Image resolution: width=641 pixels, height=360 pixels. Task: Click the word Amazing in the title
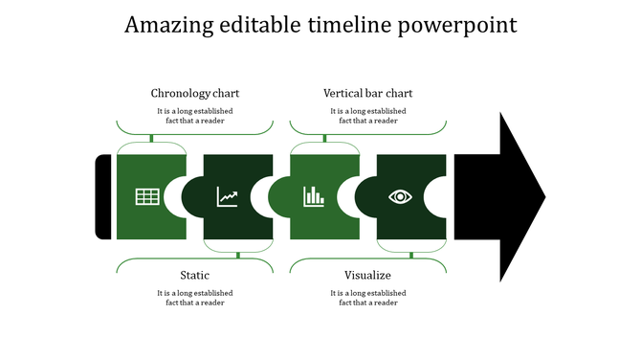pyautogui.click(x=171, y=25)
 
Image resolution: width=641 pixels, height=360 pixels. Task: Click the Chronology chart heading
pyautogui.click(x=195, y=94)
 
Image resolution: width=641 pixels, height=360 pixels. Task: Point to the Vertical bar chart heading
pyautogui.click(x=368, y=94)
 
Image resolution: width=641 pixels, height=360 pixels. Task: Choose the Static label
pyautogui.click(x=195, y=276)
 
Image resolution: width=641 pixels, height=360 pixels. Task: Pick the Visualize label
pyautogui.click(x=368, y=276)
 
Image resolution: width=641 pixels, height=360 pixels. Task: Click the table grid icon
pyautogui.click(x=147, y=197)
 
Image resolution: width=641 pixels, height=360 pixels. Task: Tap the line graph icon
pyautogui.click(x=228, y=197)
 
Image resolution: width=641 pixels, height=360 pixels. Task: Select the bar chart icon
pyautogui.click(x=314, y=197)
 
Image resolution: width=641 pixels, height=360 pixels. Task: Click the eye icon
pyautogui.click(x=400, y=197)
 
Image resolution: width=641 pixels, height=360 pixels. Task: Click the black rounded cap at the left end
pyautogui.click(x=103, y=196)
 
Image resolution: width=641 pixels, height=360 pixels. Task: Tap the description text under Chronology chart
pyautogui.click(x=195, y=116)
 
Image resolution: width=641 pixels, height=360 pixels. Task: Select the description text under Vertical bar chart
pyautogui.click(x=368, y=116)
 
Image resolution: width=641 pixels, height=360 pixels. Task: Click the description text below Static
pyautogui.click(x=195, y=298)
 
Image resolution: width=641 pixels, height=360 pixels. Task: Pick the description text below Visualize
pyautogui.click(x=368, y=298)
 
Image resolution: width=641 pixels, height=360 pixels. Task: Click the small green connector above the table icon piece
pyautogui.click(x=151, y=139)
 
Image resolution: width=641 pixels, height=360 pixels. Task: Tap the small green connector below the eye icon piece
pyautogui.click(x=411, y=255)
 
